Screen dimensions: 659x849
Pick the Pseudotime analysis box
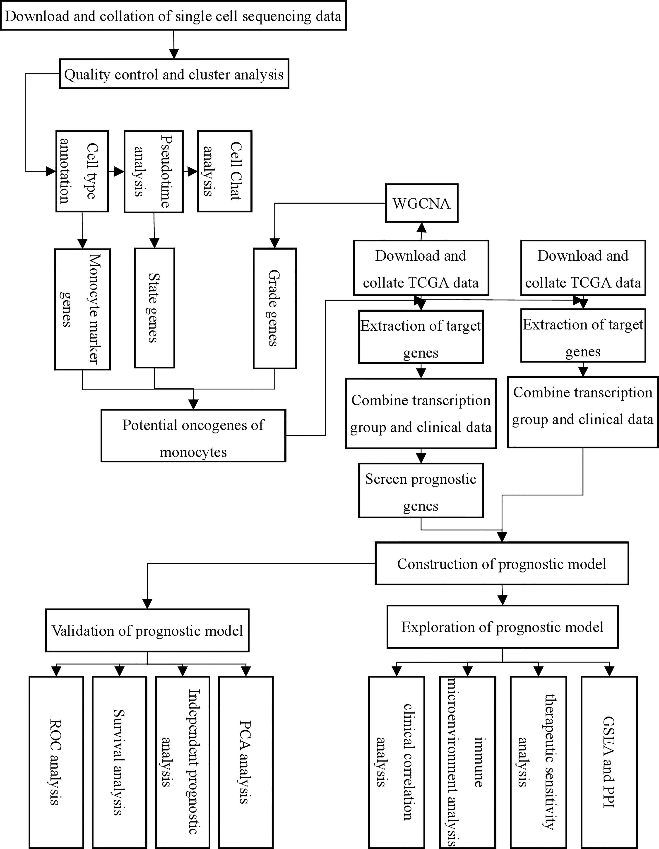tap(154, 171)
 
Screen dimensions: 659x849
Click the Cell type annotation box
tap(82, 171)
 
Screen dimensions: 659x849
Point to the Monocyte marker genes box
tap(82, 309)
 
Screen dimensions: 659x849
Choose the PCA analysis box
tap(246, 763)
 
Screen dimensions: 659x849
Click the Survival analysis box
tap(119, 763)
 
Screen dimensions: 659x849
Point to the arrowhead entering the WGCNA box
tap(421, 227)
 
